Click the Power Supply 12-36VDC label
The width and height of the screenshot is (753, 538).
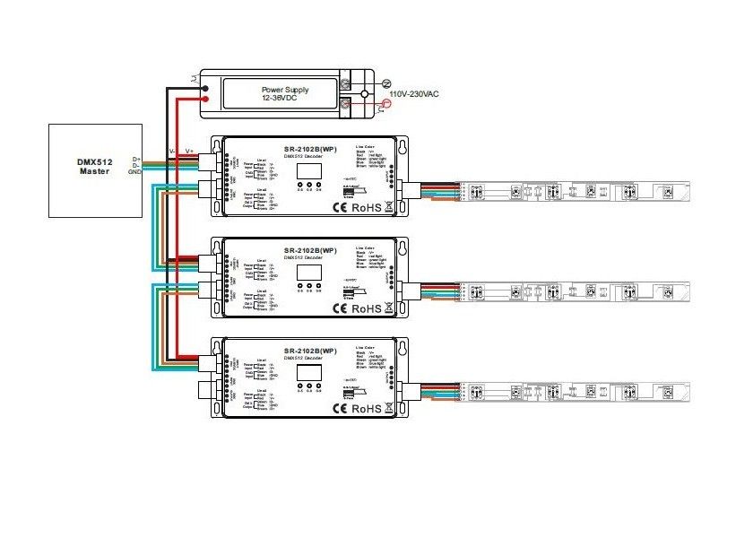pyautogui.click(x=283, y=95)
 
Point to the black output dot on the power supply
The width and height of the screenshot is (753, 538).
pyautogui.click(x=206, y=88)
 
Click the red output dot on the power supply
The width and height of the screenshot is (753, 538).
pyautogui.click(x=206, y=103)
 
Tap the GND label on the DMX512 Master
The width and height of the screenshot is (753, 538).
pyautogui.click(x=135, y=171)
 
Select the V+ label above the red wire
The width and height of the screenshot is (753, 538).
pyautogui.click(x=189, y=151)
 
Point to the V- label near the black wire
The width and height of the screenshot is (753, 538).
pyautogui.click(x=172, y=151)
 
